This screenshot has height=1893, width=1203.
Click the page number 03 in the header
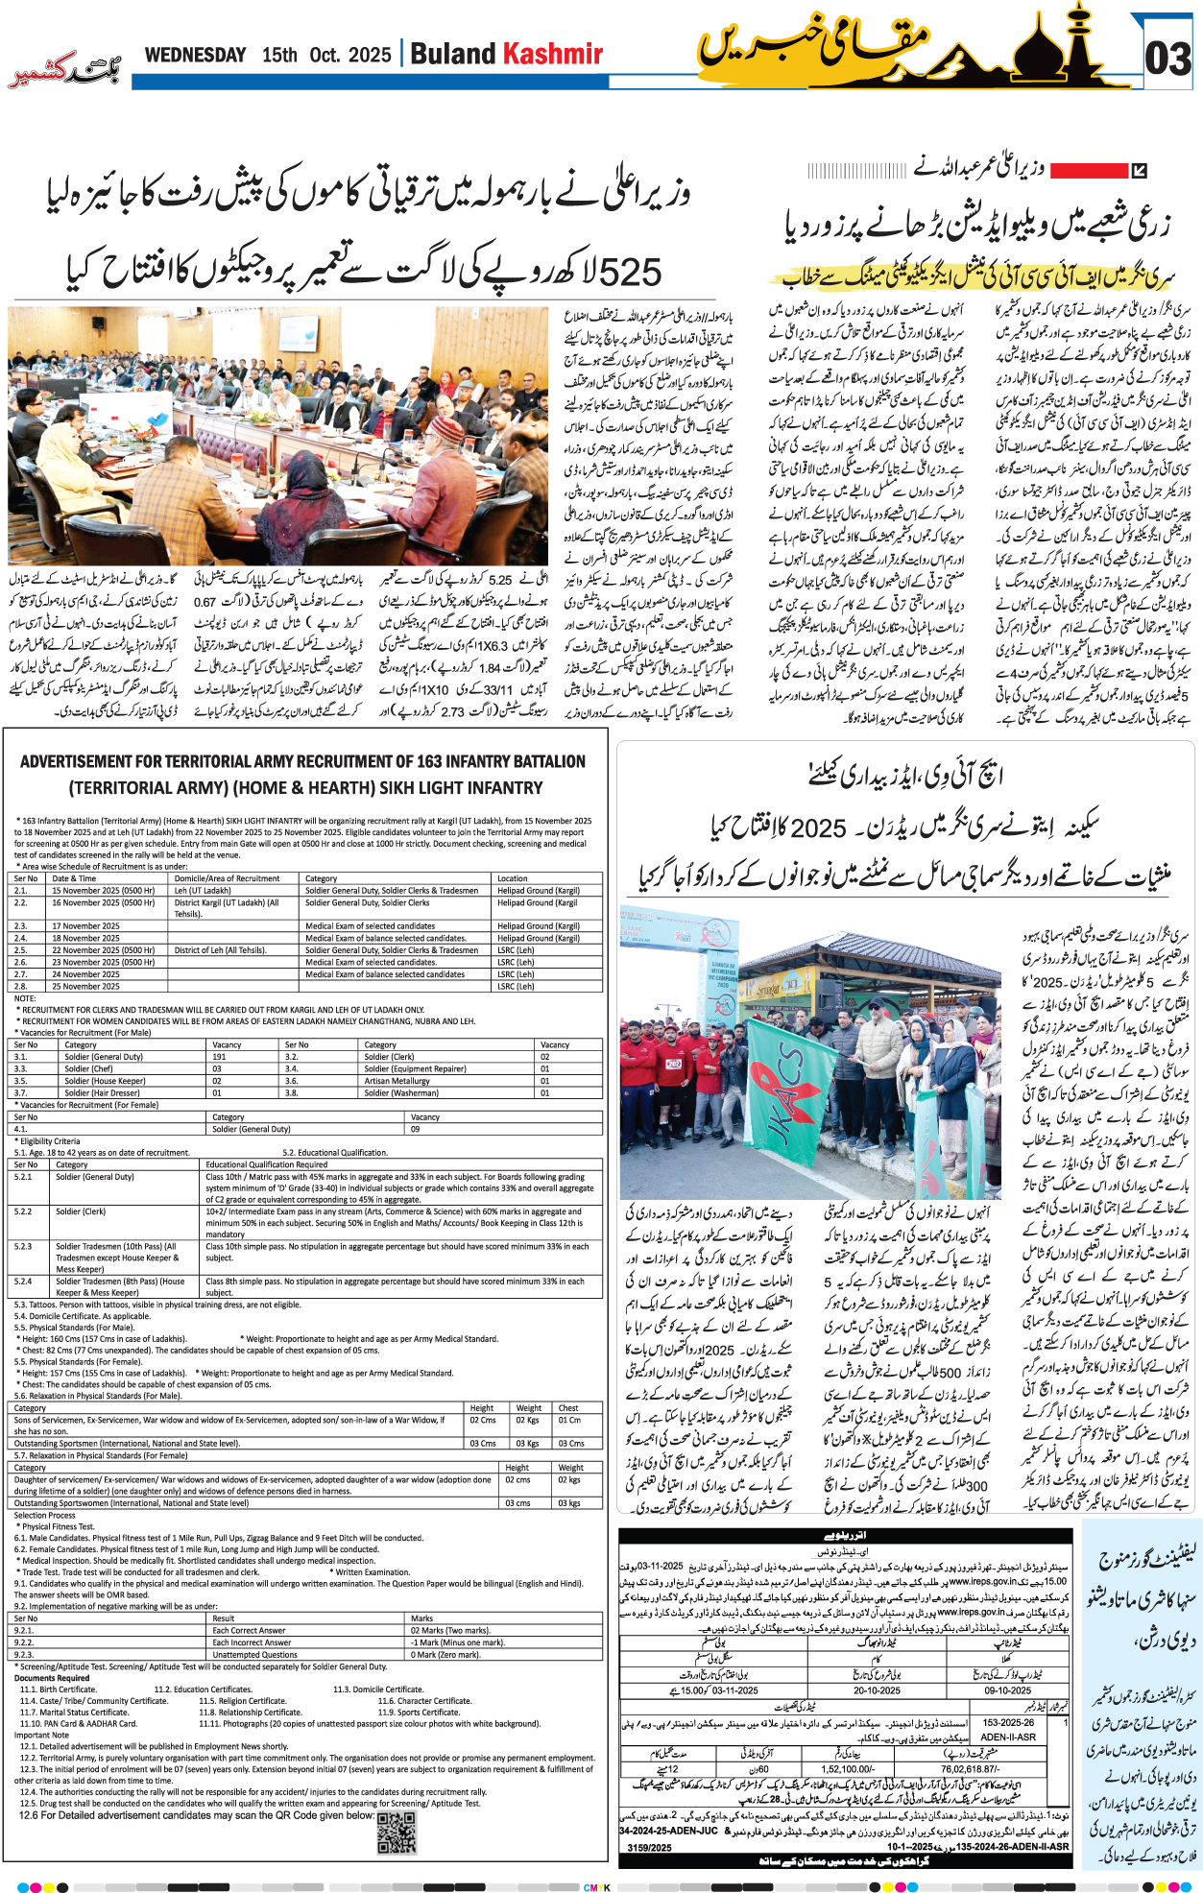(1167, 60)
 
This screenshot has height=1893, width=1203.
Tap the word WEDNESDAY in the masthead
(195, 55)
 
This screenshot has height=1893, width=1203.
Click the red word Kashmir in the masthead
(554, 54)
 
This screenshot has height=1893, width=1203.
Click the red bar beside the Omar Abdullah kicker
(1088, 171)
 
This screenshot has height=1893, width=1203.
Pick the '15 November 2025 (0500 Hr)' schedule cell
(104, 890)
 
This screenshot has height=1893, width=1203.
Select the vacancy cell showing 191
(220, 1056)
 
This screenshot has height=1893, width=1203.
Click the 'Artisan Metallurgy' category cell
(397, 1081)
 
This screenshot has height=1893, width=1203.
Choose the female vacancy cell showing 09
(416, 1129)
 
